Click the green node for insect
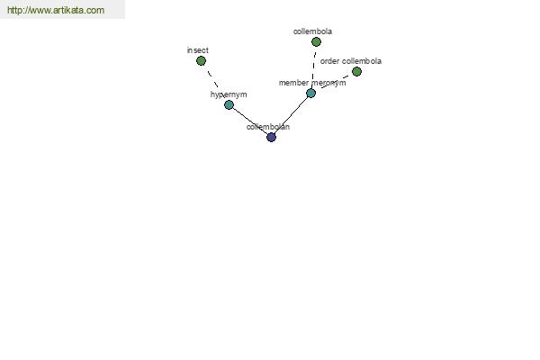(201, 61)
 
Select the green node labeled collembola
(316, 42)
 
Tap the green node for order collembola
(356, 72)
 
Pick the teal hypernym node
(229, 104)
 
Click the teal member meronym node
(311, 94)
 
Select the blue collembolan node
(272, 138)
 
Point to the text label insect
(198, 50)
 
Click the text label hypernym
(229, 94)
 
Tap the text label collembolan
(268, 127)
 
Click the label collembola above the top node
(312, 31)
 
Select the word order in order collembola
(330, 61)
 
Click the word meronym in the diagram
(328, 83)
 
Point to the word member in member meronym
(293, 83)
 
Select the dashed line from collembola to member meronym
(313, 67)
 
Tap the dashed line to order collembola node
(334, 82)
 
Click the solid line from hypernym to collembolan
(250, 121)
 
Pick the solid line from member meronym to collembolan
(292, 115)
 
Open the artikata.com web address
(56, 10)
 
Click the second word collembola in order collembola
(362, 61)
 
